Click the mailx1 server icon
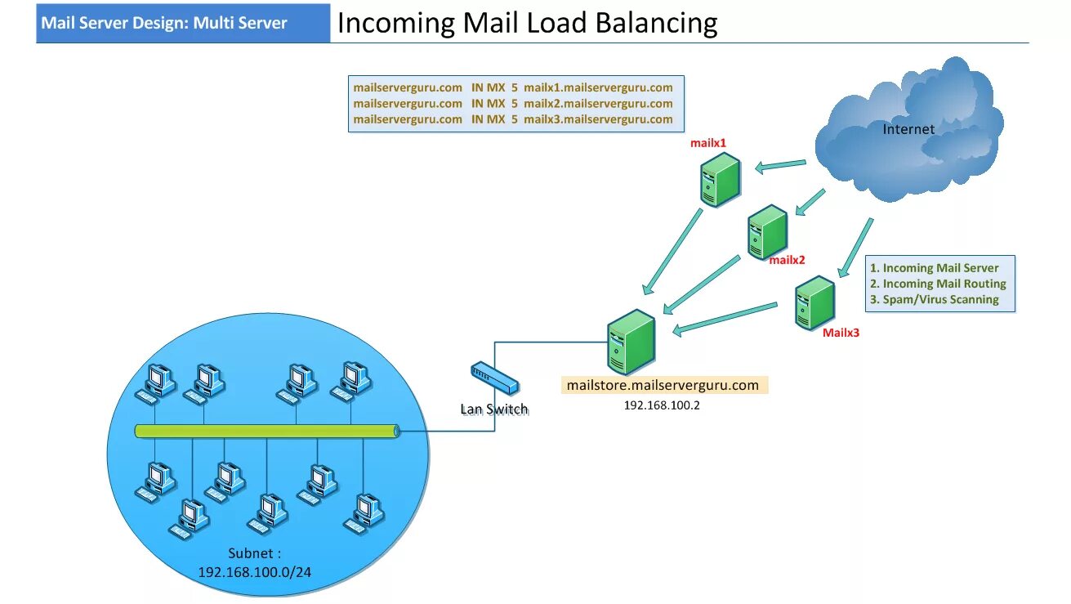pyautogui.click(x=720, y=181)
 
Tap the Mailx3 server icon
pyautogui.click(x=814, y=302)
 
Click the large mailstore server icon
pyautogui.click(x=631, y=342)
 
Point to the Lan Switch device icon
pyautogui.click(x=493, y=378)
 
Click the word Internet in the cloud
pyautogui.click(x=908, y=129)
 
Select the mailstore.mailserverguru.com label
pyautogui.click(x=663, y=385)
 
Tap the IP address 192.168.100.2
pyautogui.click(x=662, y=405)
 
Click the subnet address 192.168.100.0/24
pyautogui.click(x=254, y=571)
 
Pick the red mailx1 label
pyautogui.click(x=708, y=143)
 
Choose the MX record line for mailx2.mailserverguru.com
pyautogui.click(x=513, y=104)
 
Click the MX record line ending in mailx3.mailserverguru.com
pyautogui.click(x=513, y=119)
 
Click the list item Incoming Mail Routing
pyautogui.click(x=944, y=284)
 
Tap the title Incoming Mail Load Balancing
pyautogui.click(x=527, y=23)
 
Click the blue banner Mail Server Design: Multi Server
pyautogui.click(x=164, y=23)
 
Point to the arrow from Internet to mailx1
pyautogui.click(x=780, y=166)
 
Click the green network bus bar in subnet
pyautogui.click(x=266, y=431)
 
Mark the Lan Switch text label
pyautogui.click(x=494, y=409)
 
